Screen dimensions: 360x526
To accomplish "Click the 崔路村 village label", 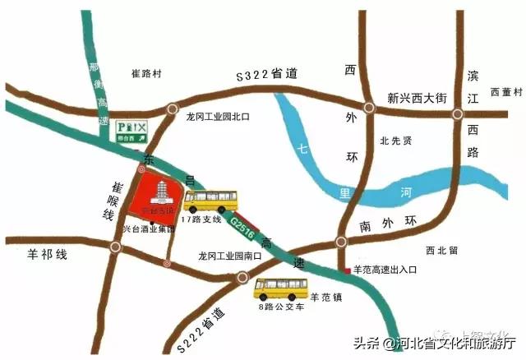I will pyautogui.click(x=149, y=74).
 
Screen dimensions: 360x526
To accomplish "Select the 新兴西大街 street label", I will pyautogui.click(x=417, y=98).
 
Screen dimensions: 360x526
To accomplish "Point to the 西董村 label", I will pyautogui.click(x=503, y=91).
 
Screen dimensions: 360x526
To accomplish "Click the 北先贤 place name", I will pyautogui.click(x=395, y=141).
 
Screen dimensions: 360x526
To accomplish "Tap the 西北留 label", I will pyautogui.click(x=441, y=250).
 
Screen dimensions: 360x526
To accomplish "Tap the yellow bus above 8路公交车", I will pyautogui.click(x=281, y=288).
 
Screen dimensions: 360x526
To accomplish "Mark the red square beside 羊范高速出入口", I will pyautogui.click(x=346, y=270).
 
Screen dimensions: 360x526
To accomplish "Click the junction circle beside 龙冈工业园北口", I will pyautogui.click(x=171, y=108).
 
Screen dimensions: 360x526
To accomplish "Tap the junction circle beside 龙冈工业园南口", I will pyautogui.click(x=242, y=277).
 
